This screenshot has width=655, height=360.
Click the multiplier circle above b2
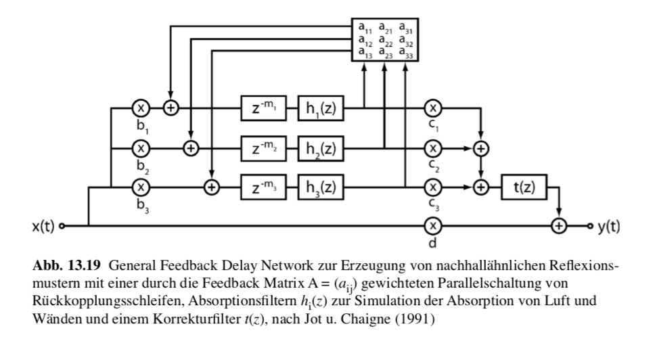pyautogui.click(x=140, y=146)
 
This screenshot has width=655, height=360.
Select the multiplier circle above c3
pyautogui.click(x=432, y=186)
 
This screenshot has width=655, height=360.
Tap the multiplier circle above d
pyautogui.click(x=432, y=225)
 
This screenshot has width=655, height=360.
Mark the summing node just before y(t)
pyautogui.click(x=559, y=225)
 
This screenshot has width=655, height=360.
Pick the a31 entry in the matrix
pyautogui.click(x=405, y=28)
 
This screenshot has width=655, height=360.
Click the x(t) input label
pyautogui.click(x=44, y=226)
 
